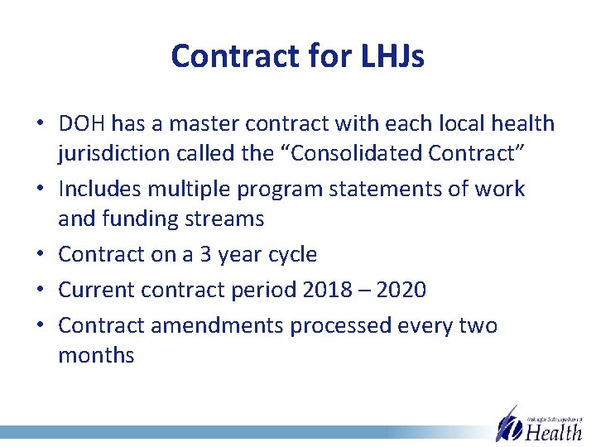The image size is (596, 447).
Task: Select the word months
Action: tap(96, 355)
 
